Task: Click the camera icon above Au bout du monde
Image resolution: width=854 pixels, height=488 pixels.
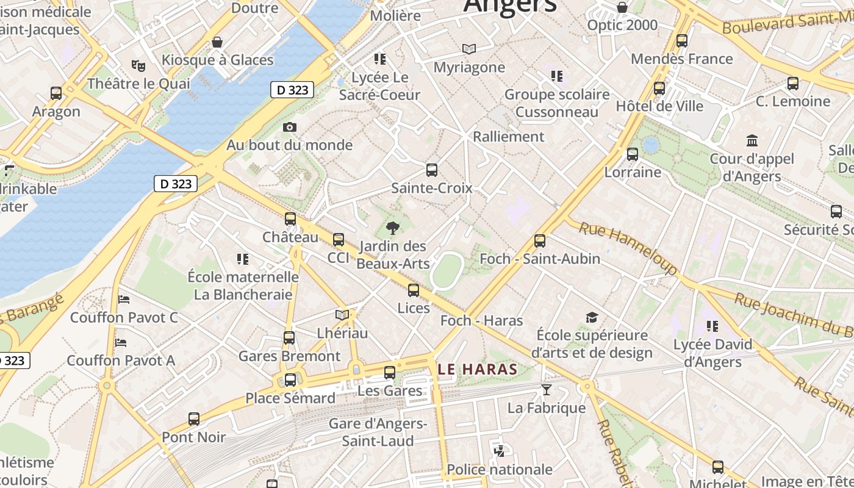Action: pos(290,127)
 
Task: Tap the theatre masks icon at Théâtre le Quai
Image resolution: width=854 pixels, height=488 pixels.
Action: pos(138,65)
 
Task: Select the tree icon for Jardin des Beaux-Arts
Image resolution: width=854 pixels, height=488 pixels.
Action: pos(393,228)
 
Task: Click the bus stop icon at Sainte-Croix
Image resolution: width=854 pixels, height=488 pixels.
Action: pos(432,170)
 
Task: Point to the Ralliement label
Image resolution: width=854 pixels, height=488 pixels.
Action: pos(508,137)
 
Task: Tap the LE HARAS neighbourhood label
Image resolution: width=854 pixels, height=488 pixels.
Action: pos(478,369)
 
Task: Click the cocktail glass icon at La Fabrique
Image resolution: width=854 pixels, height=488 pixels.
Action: pos(547,389)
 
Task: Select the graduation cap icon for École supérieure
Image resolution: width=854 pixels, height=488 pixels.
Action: pos(592,317)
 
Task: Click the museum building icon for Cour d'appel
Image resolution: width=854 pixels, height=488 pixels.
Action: pos(752,141)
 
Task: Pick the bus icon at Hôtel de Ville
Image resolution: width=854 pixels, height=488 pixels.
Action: pos(659,88)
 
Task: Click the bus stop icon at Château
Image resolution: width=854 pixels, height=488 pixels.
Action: pos(290,219)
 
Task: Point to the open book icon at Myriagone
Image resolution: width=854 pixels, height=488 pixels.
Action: pos(468,49)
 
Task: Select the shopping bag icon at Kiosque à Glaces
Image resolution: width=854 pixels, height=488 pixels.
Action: pos(217,42)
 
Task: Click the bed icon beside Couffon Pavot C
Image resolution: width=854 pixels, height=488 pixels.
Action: pos(124,300)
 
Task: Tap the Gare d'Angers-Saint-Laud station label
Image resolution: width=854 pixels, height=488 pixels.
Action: pos(378,432)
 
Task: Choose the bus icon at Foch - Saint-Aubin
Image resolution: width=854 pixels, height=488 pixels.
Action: pos(540,241)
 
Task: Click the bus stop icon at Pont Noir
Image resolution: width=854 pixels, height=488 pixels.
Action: pos(194,419)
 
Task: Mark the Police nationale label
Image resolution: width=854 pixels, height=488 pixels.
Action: pos(500,469)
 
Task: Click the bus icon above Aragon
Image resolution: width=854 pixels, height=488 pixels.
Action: pos(56,93)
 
